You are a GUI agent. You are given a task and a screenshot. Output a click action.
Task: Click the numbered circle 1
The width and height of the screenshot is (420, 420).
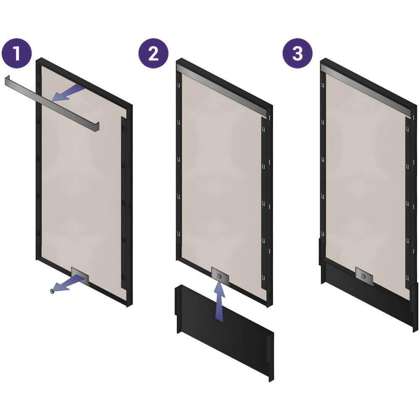click(17, 53)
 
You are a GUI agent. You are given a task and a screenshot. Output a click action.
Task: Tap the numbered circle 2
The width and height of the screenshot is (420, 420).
click(153, 53)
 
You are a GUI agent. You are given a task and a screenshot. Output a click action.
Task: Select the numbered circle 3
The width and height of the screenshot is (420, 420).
click(298, 53)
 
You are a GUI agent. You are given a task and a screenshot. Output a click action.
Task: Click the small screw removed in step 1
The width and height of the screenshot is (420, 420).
click(52, 291)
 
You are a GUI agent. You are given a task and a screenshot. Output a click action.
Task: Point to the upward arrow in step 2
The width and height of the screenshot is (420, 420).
click(220, 300)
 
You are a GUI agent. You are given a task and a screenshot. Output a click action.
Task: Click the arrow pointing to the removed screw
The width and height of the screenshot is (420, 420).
click(70, 284)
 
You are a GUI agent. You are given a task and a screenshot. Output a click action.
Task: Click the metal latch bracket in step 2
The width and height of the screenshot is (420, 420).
click(220, 276)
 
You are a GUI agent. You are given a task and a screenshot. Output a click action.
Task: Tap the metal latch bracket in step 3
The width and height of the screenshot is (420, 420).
click(364, 276)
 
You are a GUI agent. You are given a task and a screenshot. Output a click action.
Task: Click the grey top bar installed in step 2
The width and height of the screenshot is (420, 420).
click(222, 91)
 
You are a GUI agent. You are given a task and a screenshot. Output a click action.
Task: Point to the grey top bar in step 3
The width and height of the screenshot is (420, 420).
click(366, 91)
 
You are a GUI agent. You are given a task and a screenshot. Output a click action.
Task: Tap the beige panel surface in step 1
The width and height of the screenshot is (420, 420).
click(80, 177)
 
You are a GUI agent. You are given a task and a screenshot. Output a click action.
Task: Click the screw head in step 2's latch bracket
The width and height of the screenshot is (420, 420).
click(220, 276)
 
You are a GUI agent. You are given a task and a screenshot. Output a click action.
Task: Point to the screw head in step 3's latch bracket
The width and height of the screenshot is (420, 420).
click(363, 276)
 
